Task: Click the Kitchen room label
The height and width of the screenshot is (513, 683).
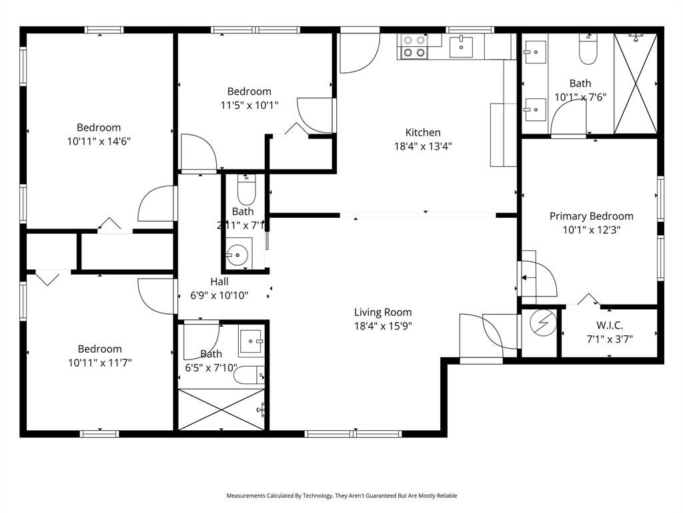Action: [423, 132]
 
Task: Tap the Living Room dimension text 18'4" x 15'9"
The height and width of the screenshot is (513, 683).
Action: [383, 326]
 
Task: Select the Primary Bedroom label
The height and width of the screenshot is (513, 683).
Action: [591, 216]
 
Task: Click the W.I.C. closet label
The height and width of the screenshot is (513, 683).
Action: [610, 325]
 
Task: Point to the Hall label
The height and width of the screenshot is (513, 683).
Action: [219, 281]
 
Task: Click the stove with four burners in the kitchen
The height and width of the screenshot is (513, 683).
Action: [412, 46]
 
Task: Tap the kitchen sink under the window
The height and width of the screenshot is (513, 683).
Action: [461, 46]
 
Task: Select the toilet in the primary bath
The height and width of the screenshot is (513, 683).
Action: [588, 51]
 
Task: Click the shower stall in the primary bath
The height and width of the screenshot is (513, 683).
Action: [635, 83]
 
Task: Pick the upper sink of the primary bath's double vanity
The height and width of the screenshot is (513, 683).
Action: [534, 51]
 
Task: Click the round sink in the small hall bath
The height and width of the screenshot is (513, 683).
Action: [237, 254]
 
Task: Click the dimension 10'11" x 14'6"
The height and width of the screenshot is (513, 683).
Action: [99, 141]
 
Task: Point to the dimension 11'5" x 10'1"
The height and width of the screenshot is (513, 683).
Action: [249, 105]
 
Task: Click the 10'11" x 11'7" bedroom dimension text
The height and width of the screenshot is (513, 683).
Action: [99, 363]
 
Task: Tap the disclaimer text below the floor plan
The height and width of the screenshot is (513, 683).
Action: [341, 496]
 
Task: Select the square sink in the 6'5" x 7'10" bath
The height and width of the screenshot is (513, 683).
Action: [251, 342]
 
